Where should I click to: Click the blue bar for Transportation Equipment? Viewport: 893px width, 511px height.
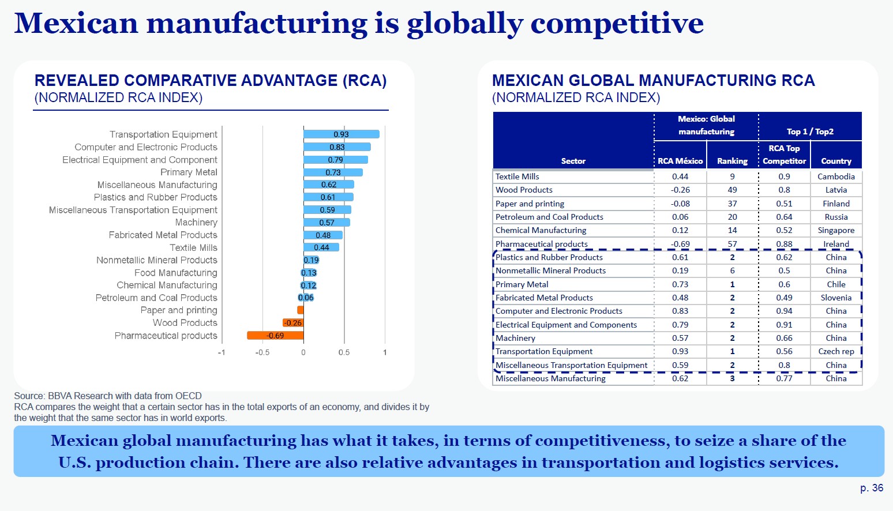pos(341,134)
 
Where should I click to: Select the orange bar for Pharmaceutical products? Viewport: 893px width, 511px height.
pos(275,336)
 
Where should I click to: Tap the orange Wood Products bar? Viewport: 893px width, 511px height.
pos(293,323)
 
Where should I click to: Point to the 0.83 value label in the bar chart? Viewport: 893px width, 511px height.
pos(337,147)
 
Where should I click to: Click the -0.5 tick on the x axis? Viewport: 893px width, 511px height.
pos(262,352)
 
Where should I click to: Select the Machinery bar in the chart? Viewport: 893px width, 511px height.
pos(327,223)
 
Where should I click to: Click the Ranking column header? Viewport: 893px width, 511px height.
pos(732,161)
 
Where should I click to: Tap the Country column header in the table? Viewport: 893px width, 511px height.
pos(836,161)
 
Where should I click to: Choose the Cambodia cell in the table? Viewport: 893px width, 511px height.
pos(836,176)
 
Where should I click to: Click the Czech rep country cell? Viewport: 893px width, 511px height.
pos(836,351)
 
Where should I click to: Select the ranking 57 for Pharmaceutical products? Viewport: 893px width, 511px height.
pos(732,244)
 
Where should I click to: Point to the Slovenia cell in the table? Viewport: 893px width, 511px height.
pos(836,298)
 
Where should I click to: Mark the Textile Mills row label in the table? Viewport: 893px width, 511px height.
pos(517,176)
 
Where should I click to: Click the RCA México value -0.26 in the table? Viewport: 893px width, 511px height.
pos(680,190)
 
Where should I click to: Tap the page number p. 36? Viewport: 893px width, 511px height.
pos(871,488)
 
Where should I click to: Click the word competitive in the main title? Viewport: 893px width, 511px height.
pos(617,24)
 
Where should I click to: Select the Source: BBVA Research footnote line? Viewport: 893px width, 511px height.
pos(108,396)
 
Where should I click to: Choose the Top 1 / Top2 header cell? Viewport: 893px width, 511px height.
pos(809,131)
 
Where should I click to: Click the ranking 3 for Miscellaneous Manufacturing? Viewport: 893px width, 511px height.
pos(732,378)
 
